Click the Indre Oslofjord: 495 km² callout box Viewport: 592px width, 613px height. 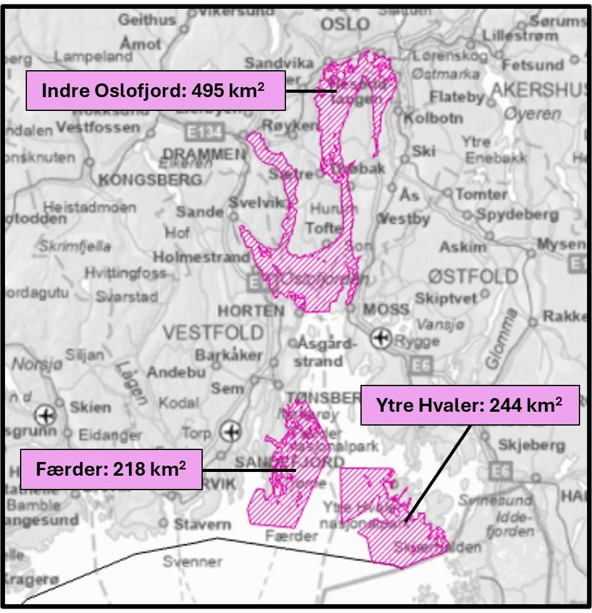pos(155,90)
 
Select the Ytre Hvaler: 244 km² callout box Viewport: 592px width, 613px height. pos(469,405)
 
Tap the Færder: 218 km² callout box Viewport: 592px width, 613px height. pos(111,469)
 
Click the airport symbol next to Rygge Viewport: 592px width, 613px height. pos(379,339)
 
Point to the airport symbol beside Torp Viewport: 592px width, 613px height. pos(231,432)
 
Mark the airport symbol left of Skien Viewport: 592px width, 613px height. pos(44,414)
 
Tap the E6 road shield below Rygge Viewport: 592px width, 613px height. pos(417,364)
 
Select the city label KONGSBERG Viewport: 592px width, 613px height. pos(150,180)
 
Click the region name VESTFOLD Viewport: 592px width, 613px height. pos(213,332)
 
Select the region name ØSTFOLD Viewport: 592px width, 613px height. pos(473,276)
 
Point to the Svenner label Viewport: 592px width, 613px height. pos(192,561)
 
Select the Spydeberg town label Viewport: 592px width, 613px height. pos(517,214)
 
